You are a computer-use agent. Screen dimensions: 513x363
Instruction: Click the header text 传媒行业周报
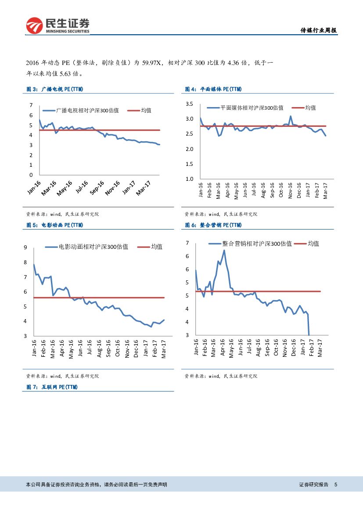click(x=318, y=31)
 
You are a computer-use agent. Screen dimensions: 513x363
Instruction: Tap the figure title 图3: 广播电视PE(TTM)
click(x=55, y=89)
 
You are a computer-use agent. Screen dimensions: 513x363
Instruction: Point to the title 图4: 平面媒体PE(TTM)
click(x=213, y=89)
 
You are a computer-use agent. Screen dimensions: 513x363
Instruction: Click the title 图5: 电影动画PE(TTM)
click(x=55, y=225)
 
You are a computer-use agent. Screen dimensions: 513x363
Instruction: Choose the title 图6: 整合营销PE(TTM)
click(x=213, y=225)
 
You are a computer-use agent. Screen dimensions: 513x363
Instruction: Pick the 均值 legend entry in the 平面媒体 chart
click(x=310, y=108)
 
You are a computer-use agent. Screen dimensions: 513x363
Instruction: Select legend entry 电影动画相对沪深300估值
click(x=93, y=247)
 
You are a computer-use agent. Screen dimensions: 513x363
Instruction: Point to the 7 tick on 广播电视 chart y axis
click(x=31, y=105)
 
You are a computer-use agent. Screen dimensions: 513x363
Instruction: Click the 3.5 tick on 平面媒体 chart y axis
click(x=190, y=104)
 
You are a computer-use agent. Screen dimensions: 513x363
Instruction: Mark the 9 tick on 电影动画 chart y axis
click(x=25, y=248)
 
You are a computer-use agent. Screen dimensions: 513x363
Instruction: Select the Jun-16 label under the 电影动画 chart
click(x=80, y=348)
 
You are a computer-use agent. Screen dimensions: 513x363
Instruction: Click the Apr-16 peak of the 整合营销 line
click(x=224, y=250)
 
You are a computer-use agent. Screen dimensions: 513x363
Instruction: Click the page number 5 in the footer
click(x=336, y=484)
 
